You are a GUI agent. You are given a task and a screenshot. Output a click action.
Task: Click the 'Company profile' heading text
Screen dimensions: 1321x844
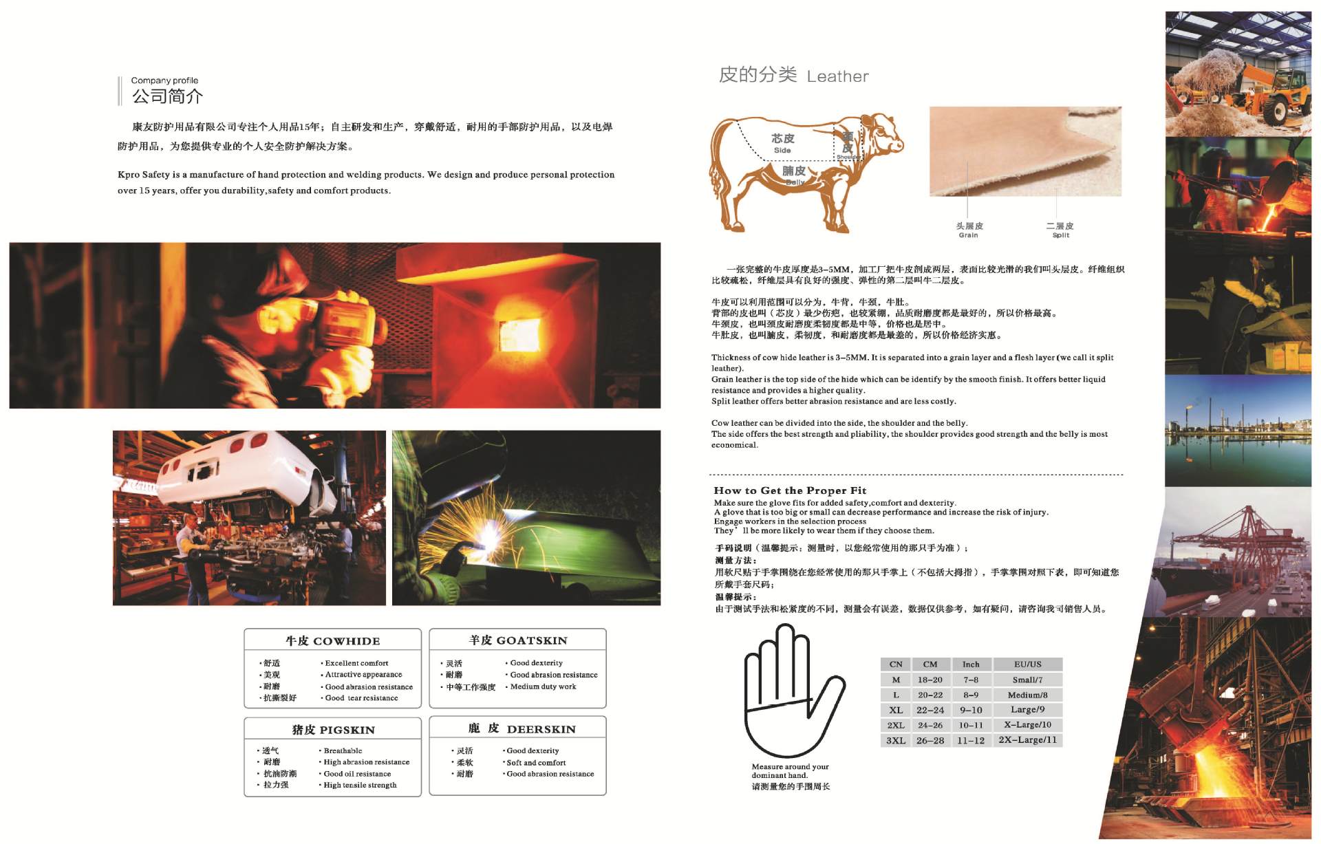point(164,80)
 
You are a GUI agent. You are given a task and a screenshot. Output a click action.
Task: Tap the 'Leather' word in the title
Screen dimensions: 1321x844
point(837,76)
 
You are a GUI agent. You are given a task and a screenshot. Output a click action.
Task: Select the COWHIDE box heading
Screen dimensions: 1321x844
point(333,641)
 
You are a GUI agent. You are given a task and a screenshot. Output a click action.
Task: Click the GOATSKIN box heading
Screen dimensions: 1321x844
point(518,640)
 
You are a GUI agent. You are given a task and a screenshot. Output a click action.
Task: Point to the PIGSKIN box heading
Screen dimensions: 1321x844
point(334,730)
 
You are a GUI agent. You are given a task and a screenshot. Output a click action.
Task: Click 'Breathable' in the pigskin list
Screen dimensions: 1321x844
point(343,751)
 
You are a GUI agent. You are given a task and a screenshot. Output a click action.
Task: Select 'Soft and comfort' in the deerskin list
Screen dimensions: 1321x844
point(536,763)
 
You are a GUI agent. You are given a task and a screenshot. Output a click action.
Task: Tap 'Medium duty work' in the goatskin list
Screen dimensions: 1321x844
point(543,686)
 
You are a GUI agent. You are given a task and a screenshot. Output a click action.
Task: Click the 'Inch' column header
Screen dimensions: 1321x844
point(971,664)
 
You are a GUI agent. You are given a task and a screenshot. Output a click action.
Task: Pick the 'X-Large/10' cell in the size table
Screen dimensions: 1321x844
point(1027,725)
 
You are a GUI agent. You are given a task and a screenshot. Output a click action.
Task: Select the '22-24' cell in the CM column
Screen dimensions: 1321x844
point(930,710)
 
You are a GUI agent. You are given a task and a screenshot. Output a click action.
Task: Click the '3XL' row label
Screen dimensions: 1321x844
point(896,741)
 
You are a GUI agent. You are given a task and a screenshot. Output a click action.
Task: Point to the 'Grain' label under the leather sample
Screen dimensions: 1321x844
point(968,235)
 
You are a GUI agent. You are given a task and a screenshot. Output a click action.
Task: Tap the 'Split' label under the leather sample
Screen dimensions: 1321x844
point(1060,235)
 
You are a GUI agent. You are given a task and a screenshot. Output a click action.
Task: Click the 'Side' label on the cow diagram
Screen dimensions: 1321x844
point(782,150)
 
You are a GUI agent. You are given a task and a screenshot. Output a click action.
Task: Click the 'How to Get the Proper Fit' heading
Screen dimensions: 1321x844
point(790,490)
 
